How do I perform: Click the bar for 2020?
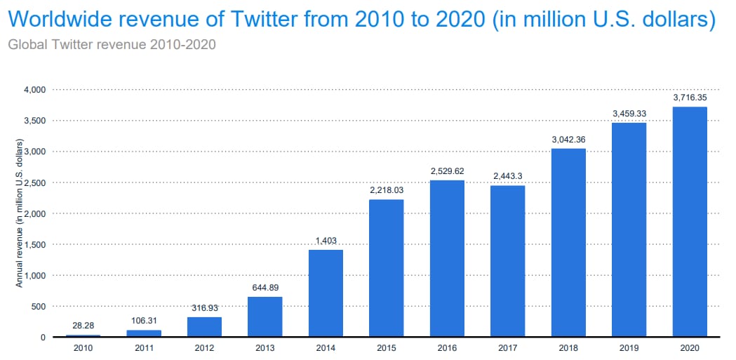click(690, 222)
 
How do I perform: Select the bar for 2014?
click(326, 293)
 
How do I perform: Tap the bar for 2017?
click(507, 261)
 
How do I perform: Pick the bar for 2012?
click(204, 327)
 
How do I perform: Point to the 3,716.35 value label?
click(690, 97)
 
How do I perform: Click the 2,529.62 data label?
click(447, 171)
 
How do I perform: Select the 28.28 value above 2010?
click(83, 326)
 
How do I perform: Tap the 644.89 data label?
click(265, 287)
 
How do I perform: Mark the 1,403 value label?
click(326, 240)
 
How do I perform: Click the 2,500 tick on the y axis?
click(34, 182)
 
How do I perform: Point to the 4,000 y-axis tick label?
click(34, 90)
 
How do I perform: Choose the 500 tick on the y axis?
click(37, 306)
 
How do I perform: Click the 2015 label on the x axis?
click(386, 347)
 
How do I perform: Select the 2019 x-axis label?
click(629, 347)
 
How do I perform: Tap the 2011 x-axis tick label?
click(143, 347)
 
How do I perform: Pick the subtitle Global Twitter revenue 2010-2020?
click(111, 44)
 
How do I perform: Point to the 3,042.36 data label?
click(568, 139)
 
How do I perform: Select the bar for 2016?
click(447, 258)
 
